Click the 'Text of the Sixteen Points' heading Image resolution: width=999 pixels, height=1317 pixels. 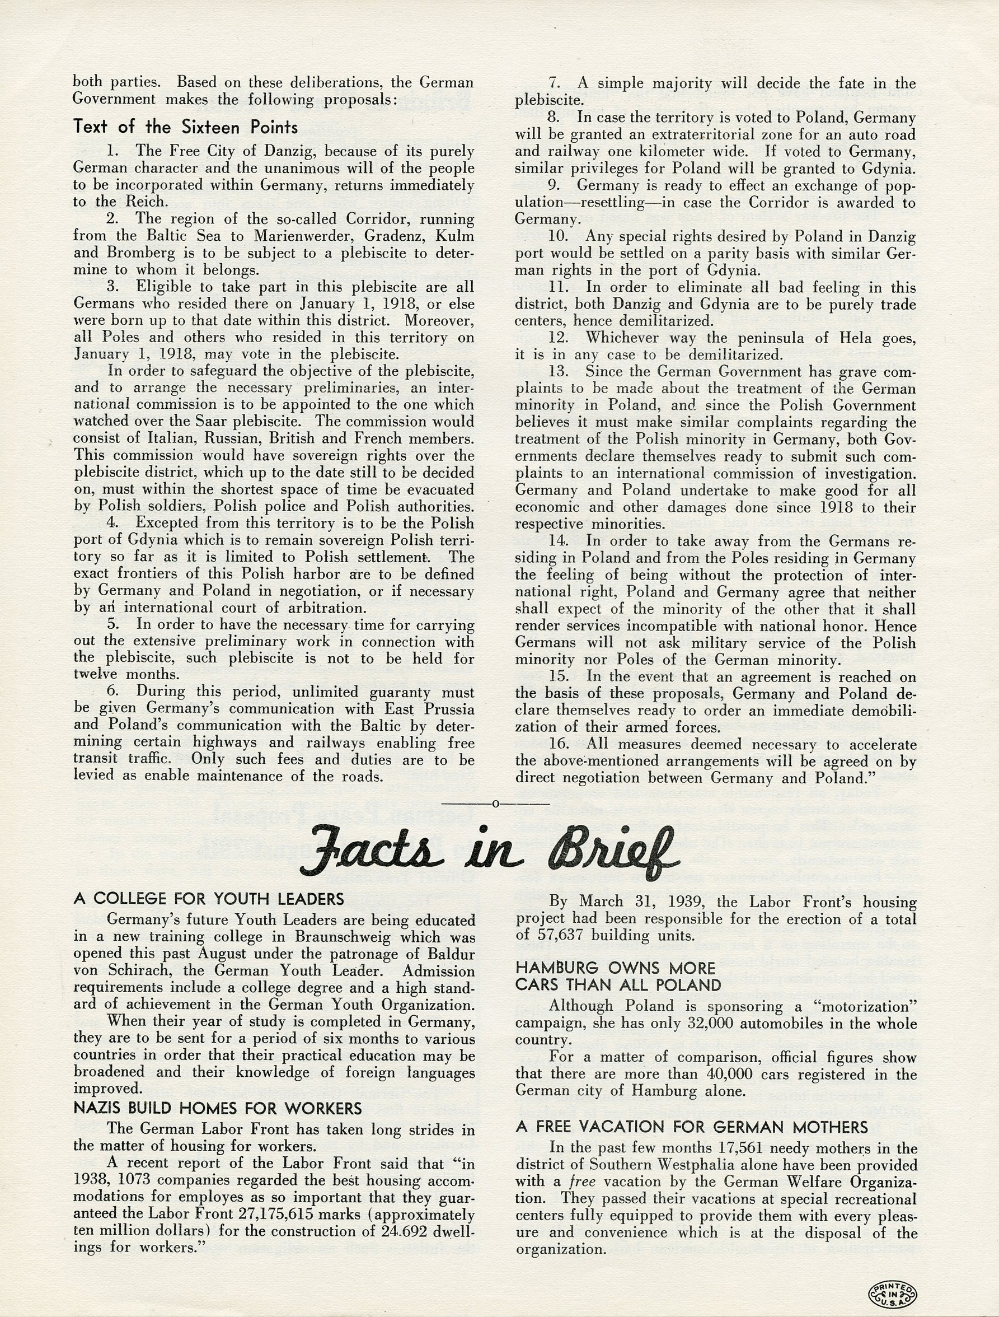click(x=186, y=127)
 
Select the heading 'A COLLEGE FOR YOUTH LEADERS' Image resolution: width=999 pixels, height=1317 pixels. click(x=209, y=899)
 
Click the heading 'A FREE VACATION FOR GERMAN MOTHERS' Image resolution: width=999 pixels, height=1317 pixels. click(x=691, y=1127)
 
